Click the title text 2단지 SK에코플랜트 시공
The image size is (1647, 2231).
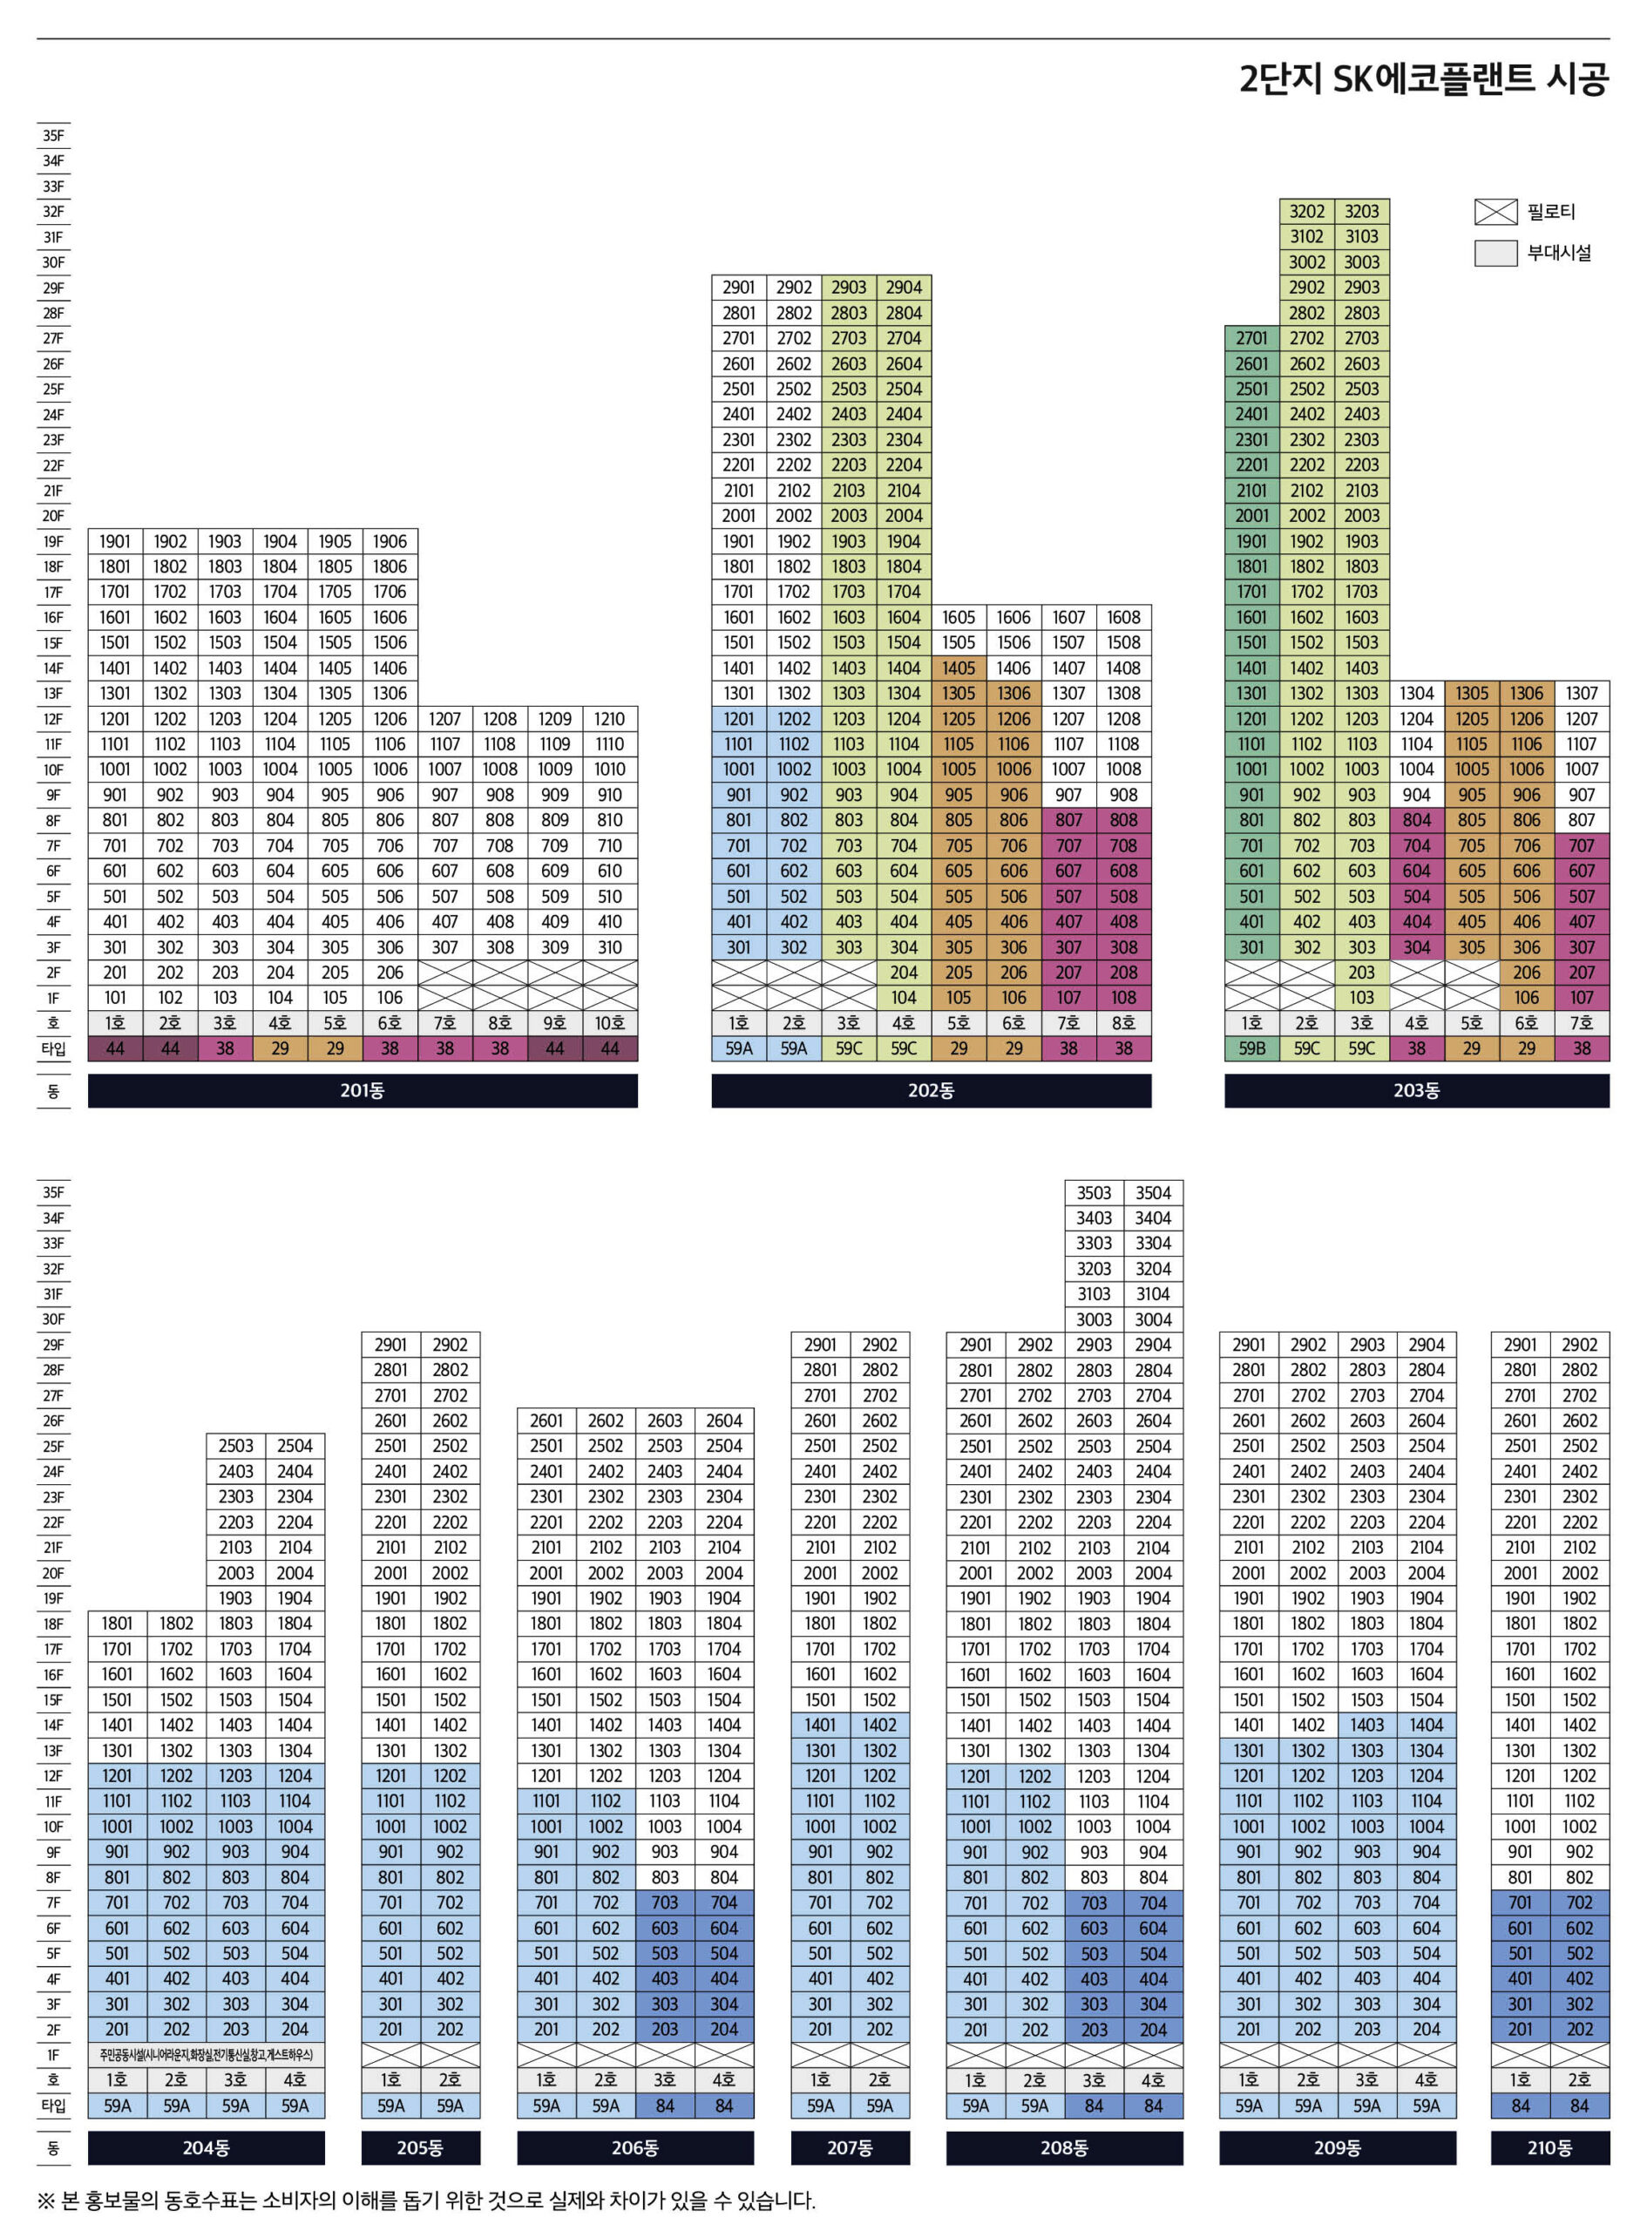point(1423,78)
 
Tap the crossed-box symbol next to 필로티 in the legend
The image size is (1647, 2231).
point(1494,212)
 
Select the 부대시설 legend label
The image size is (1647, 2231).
point(1559,254)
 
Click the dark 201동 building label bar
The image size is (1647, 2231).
point(362,1090)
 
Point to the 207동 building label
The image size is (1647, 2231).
point(850,2147)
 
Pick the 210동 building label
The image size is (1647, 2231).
point(1549,2147)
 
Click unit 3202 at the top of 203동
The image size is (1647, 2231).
point(1306,212)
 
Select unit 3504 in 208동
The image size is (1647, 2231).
point(1153,1193)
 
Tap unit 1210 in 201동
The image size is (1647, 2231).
point(609,719)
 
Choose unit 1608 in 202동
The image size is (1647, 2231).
point(1123,617)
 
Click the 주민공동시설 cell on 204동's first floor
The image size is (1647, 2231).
point(207,2055)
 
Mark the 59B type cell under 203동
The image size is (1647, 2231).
point(1251,1048)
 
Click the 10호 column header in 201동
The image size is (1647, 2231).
point(609,1023)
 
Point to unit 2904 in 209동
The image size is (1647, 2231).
point(1426,1345)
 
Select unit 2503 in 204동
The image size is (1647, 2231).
point(235,1446)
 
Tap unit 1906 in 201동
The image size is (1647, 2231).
point(390,541)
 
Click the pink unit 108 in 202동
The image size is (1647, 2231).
point(1123,998)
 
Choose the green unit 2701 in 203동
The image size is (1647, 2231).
point(1251,338)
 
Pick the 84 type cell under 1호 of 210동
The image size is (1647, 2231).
point(1520,2106)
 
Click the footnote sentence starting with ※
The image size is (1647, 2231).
point(426,2200)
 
